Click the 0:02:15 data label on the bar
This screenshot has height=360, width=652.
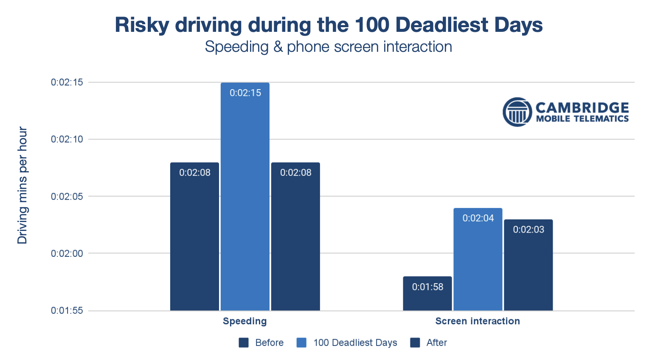[245, 93]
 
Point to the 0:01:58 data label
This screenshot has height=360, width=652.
[427, 287]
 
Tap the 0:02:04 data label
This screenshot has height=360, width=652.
[478, 218]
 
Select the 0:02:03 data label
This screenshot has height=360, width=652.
[528, 230]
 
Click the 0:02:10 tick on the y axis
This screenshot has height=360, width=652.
[67, 139]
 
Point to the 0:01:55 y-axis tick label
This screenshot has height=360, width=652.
[67, 311]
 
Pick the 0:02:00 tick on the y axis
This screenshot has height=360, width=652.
[67, 253]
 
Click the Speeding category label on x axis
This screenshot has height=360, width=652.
[245, 321]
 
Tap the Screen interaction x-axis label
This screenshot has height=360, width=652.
[478, 321]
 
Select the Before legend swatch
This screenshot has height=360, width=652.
[244, 343]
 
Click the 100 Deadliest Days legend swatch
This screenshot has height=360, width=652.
[301, 343]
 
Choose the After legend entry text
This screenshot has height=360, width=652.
[436, 343]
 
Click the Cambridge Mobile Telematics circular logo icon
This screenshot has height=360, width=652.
[517, 112]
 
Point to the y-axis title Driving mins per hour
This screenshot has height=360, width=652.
[22, 186]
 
